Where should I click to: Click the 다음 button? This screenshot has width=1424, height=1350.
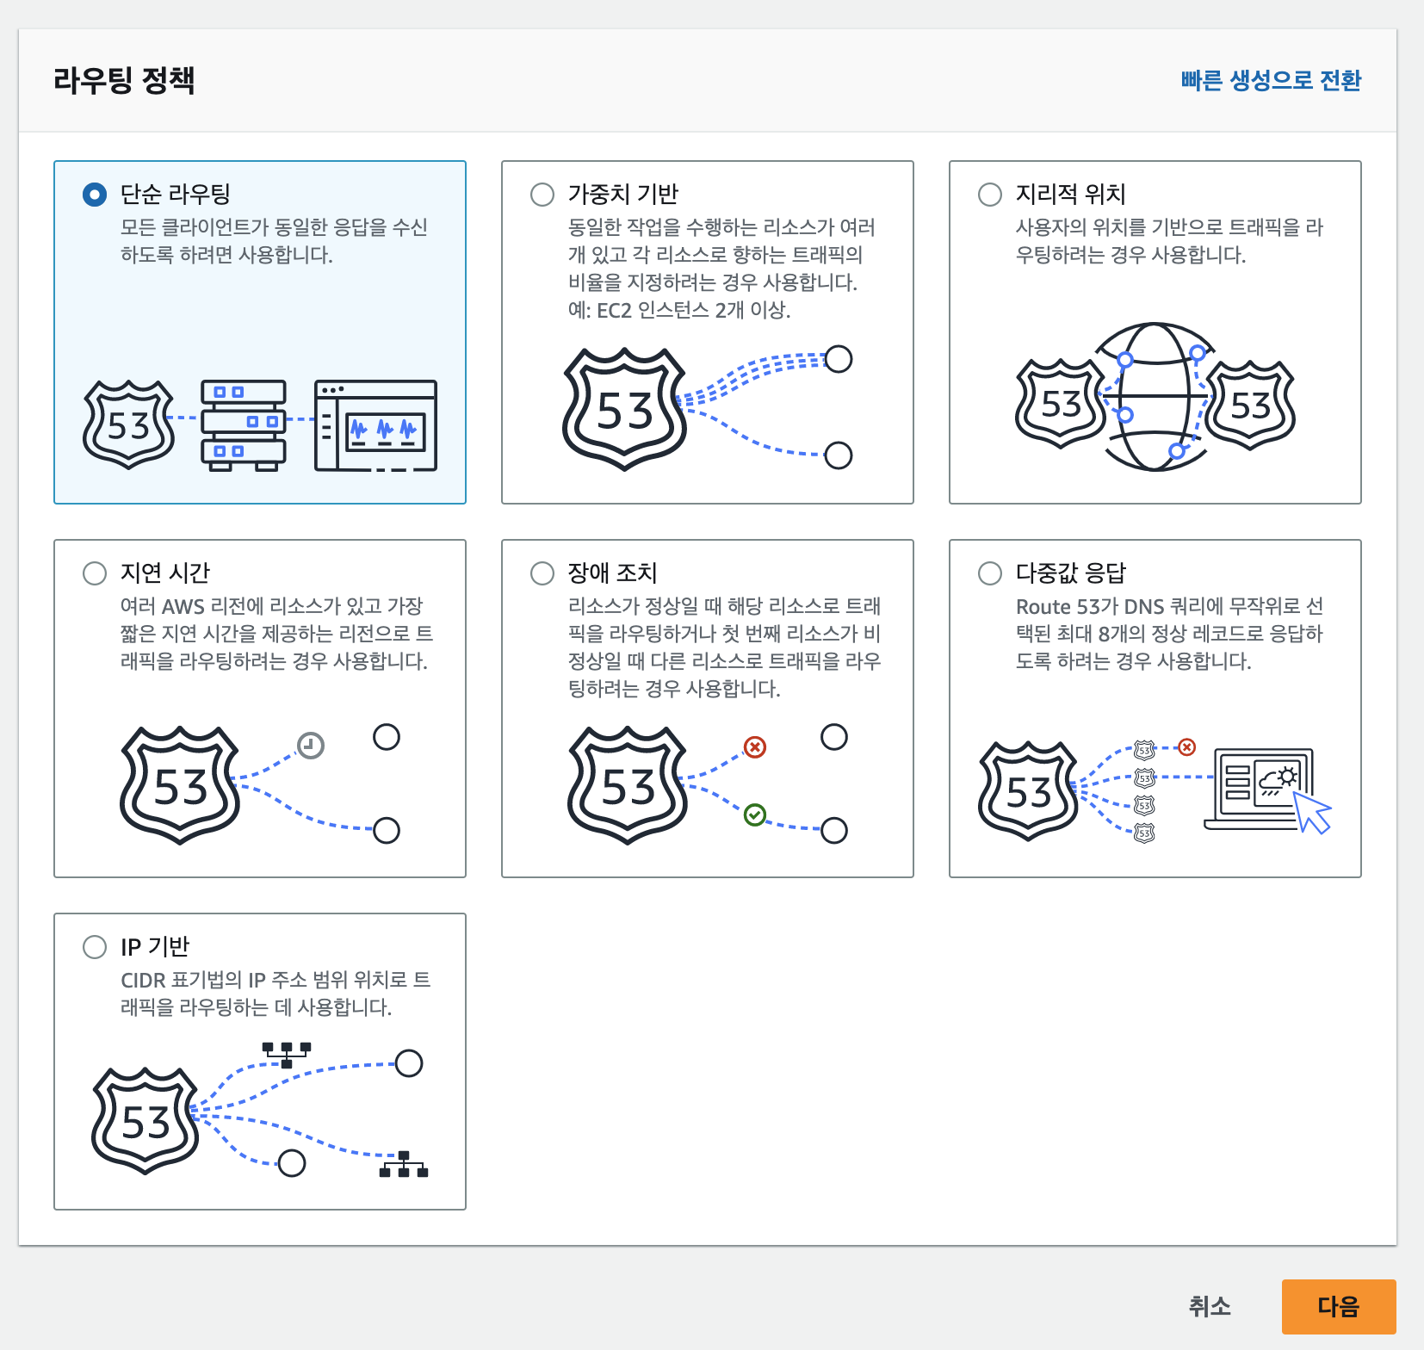1338,1306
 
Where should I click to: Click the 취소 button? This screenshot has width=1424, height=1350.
1210,1306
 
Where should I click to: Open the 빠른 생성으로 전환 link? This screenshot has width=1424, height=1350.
1271,80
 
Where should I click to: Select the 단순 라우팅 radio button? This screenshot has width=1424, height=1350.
95,195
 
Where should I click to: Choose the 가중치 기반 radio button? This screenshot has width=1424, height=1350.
542,195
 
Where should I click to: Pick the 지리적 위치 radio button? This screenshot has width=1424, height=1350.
990,195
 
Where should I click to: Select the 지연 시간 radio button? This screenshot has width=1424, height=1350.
95,573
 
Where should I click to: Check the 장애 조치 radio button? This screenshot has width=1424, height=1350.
542,573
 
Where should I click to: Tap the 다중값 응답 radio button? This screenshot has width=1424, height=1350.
990,573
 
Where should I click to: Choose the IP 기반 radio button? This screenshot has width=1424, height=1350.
95,947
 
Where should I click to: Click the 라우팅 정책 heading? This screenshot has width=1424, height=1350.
124,80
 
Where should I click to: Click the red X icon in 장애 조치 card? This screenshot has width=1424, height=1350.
755,746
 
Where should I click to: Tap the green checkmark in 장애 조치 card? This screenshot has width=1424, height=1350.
754,814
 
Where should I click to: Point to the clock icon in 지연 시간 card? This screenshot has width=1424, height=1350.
311,745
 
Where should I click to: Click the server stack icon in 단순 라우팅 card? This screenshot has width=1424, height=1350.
244,424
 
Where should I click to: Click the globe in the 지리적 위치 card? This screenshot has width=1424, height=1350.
1155,397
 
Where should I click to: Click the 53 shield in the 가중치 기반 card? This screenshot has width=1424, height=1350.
624,410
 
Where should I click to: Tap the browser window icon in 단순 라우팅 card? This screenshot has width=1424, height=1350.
375,425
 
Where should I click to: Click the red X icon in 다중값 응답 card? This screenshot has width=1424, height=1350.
1187,746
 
